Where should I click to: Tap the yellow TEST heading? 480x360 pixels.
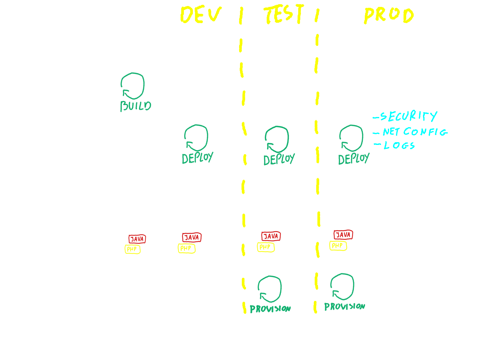(284, 14)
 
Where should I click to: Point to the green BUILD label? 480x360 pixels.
(136, 106)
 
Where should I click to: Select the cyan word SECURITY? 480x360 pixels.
(408, 116)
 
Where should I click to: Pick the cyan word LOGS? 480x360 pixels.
(399, 146)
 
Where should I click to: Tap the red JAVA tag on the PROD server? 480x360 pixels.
(343, 235)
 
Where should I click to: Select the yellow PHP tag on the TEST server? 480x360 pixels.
(265, 247)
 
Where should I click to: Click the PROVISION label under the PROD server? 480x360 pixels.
(344, 307)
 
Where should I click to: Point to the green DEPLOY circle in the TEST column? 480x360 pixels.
(277, 139)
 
